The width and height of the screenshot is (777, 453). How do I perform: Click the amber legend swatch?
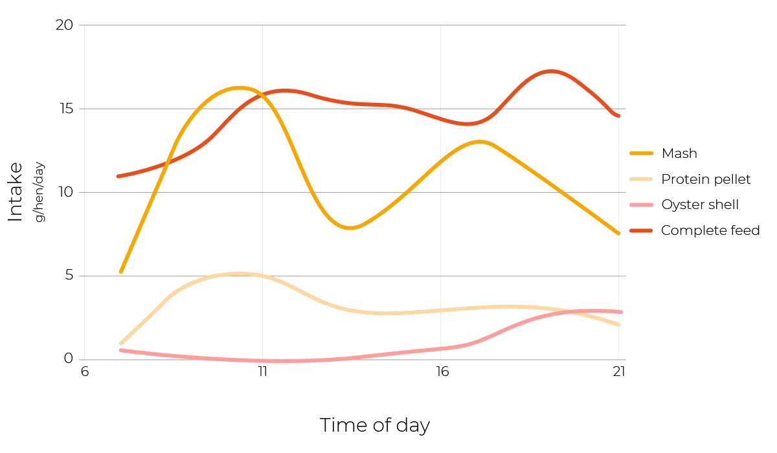tap(641, 153)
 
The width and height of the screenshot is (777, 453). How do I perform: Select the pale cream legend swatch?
tap(641, 179)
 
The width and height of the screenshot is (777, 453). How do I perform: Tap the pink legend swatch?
tap(641, 205)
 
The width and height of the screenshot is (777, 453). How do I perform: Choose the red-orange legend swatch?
tap(641, 230)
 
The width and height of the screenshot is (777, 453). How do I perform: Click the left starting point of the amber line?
tap(120, 272)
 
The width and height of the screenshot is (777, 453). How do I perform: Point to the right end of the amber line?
tap(619, 234)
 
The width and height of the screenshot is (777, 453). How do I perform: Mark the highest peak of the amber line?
tap(240, 87)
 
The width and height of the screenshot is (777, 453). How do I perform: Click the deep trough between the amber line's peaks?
tap(350, 228)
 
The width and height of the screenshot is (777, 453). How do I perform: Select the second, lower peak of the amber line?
tap(480, 141)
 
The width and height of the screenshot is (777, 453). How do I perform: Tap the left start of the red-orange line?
tap(118, 176)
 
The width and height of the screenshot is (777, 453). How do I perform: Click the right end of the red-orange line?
tap(619, 116)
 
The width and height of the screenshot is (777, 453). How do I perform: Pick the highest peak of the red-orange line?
tap(550, 71)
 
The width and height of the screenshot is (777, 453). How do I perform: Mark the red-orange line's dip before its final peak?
tap(467, 124)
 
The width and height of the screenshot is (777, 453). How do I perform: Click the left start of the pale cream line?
tap(120, 344)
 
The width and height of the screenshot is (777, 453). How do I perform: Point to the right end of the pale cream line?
tap(619, 325)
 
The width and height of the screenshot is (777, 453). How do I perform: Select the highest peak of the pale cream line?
tap(240, 273)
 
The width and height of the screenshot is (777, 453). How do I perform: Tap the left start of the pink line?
tap(120, 350)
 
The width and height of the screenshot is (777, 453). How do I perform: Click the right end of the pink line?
tap(620, 312)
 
